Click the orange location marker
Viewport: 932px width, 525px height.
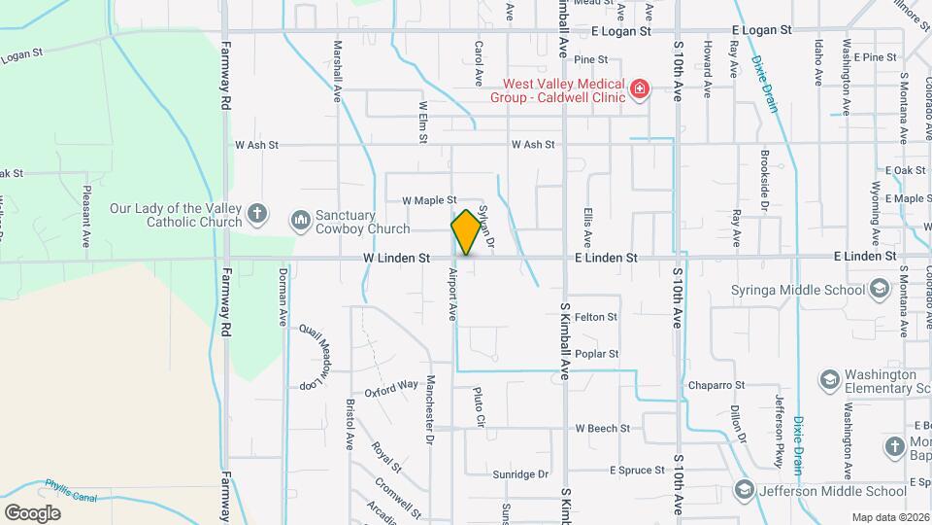click(466, 231)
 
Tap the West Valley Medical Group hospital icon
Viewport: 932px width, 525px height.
click(639, 90)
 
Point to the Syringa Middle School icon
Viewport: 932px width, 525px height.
click(879, 290)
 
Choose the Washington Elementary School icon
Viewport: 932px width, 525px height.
click(830, 379)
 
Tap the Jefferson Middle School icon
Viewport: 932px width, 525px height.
click(745, 489)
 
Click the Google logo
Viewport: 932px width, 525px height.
click(32, 512)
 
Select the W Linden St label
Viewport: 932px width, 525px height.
click(396, 259)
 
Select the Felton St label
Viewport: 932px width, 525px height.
click(596, 317)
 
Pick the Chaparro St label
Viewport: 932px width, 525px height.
click(716, 386)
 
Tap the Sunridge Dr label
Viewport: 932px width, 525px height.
click(520, 474)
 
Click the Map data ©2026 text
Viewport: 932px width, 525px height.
click(889, 517)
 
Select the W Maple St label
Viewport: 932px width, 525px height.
click(429, 200)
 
